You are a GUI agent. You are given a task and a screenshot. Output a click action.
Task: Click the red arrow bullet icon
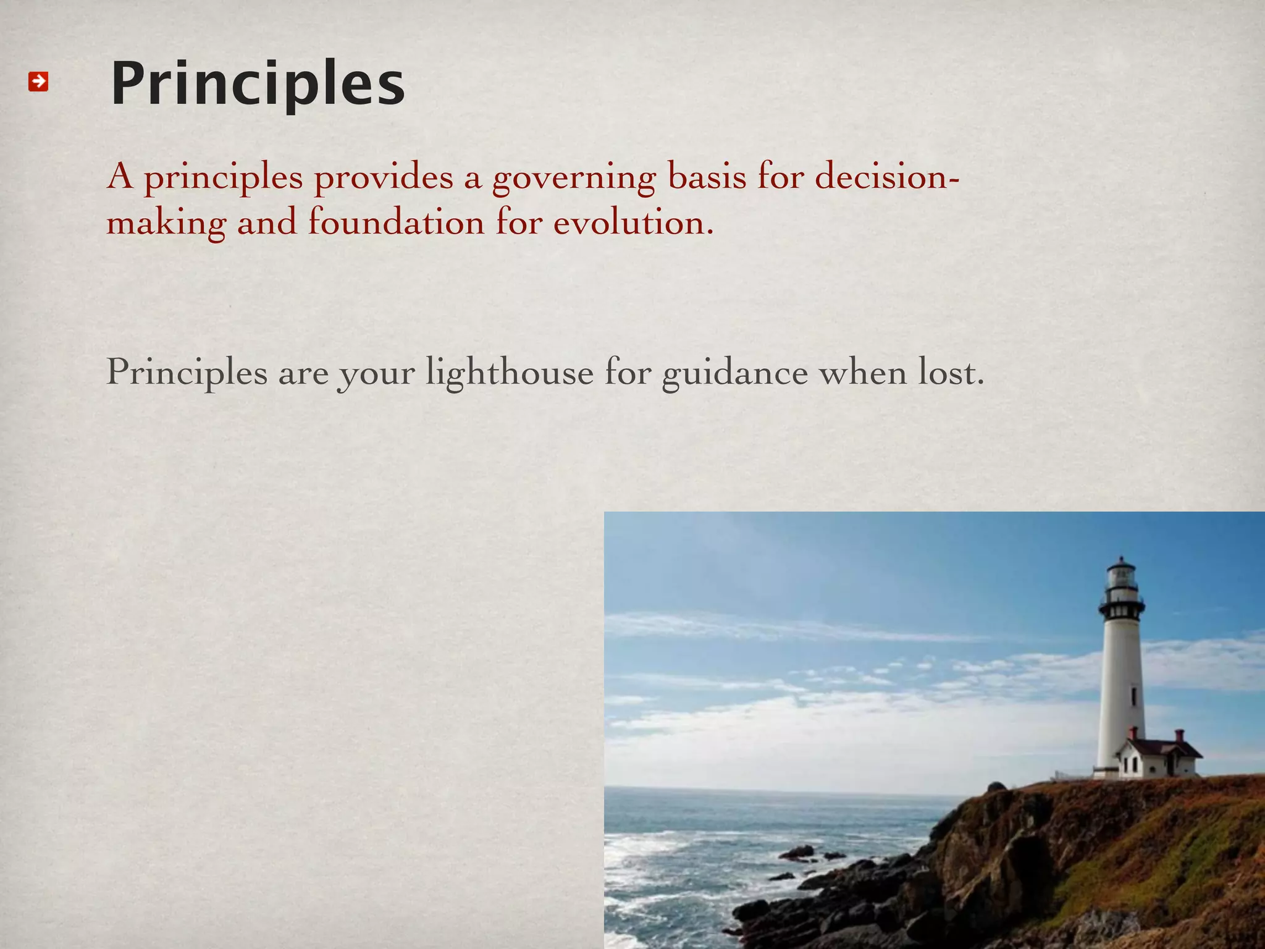[x=38, y=81]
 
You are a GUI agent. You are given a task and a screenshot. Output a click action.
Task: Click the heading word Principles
[x=258, y=83]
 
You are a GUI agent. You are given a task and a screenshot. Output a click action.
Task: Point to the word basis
[x=707, y=177]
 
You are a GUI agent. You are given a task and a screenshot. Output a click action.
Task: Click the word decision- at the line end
[x=887, y=177]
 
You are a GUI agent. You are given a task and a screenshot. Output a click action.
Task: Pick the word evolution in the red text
[x=633, y=222]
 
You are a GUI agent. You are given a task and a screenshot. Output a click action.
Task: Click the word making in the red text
[x=166, y=224]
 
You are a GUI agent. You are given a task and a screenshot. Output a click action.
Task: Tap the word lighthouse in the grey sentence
[x=509, y=373]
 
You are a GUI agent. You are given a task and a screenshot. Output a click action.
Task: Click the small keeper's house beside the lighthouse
[x=1158, y=759]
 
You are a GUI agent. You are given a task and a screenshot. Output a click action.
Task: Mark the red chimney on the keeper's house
[x=1179, y=735]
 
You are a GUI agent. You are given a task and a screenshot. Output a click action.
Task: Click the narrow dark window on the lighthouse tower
[x=1133, y=696]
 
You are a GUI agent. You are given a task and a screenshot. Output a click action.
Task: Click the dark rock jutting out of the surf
[x=797, y=853]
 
